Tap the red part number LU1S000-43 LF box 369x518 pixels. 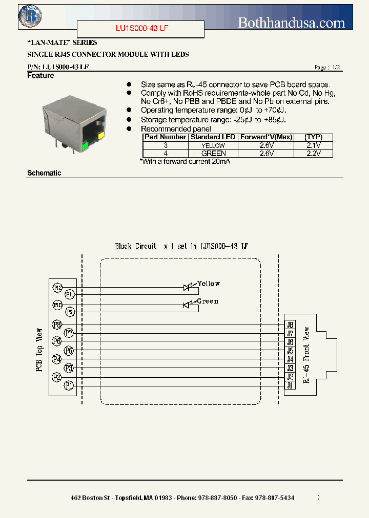point(140,29)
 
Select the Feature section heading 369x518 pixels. point(40,76)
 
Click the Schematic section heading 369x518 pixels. point(44,173)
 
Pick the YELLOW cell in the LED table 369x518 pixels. point(213,145)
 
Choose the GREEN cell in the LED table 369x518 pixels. point(213,153)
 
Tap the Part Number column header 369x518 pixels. point(165,137)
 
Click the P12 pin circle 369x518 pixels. point(57,288)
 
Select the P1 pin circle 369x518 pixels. point(69,386)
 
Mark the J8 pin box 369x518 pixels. point(290,325)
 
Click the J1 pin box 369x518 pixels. point(290,385)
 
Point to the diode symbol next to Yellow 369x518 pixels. point(187,288)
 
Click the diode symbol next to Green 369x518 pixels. point(187,305)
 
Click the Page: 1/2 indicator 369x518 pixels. point(326,68)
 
